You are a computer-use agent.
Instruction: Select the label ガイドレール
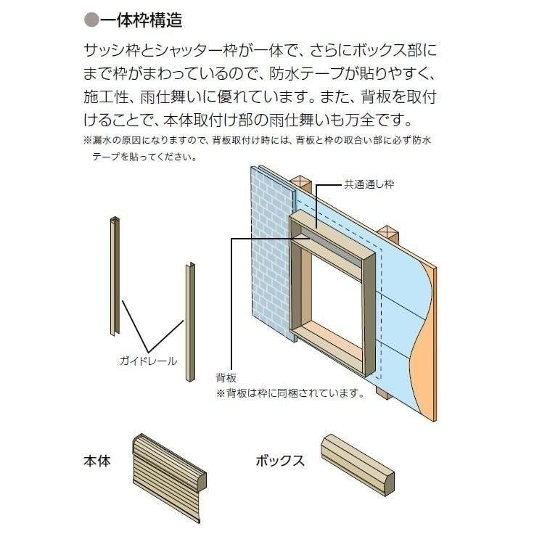coord(147,361)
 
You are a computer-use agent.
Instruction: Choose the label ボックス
coord(279,461)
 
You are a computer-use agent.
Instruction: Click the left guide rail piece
coord(115,276)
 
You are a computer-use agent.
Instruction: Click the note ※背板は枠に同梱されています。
coord(290,393)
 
